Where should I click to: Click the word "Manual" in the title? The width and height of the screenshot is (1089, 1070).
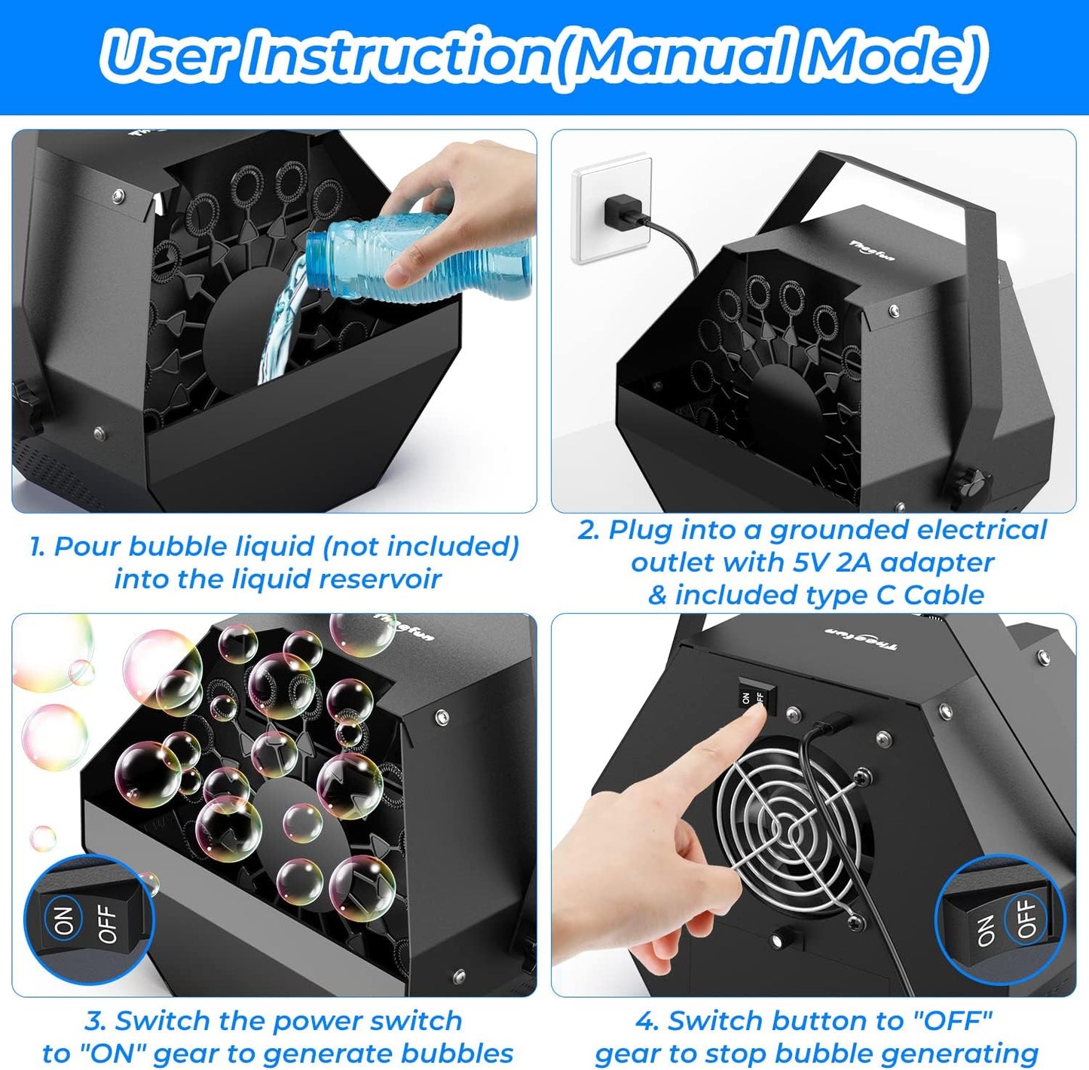(x=681, y=56)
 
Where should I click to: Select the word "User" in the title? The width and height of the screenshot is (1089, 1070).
(x=170, y=56)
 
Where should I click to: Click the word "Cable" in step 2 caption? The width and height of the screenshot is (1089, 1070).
(x=944, y=595)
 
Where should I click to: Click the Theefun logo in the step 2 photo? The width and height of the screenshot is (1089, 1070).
(x=873, y=251)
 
